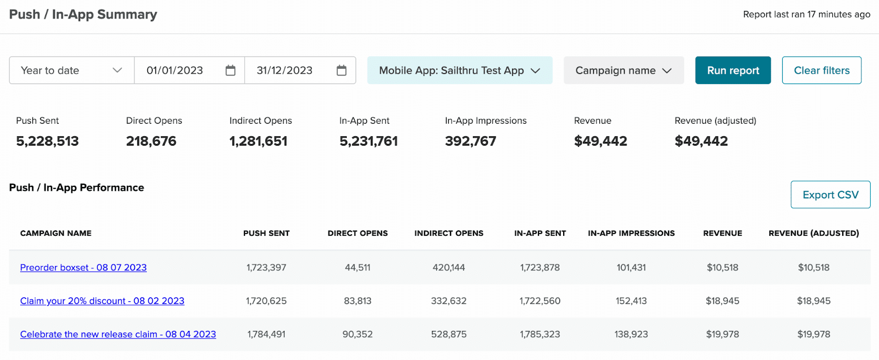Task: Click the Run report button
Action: point(733,70)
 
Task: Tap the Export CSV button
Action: point(830,195)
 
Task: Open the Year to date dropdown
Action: point(71,70)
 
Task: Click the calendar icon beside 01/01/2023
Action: point(231,70)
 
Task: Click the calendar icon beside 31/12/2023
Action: point(342,70)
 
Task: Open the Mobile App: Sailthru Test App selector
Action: point(459,70)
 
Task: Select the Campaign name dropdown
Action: point(624,70)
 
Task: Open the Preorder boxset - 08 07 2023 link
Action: point(84,268)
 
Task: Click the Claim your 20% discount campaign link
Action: point(102,301)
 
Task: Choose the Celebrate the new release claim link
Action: point(118,334)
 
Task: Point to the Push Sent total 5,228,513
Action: point(47,141)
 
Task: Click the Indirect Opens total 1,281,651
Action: point(258,141)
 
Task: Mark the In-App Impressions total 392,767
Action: point(470,141)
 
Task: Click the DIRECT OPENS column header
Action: point(358,233)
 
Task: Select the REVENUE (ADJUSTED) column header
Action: point(814,233)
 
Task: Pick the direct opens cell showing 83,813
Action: point(358,301)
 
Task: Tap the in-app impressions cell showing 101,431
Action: point(631,268)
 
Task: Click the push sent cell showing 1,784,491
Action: point(266,334)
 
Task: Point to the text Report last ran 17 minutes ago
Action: point(806,14)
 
